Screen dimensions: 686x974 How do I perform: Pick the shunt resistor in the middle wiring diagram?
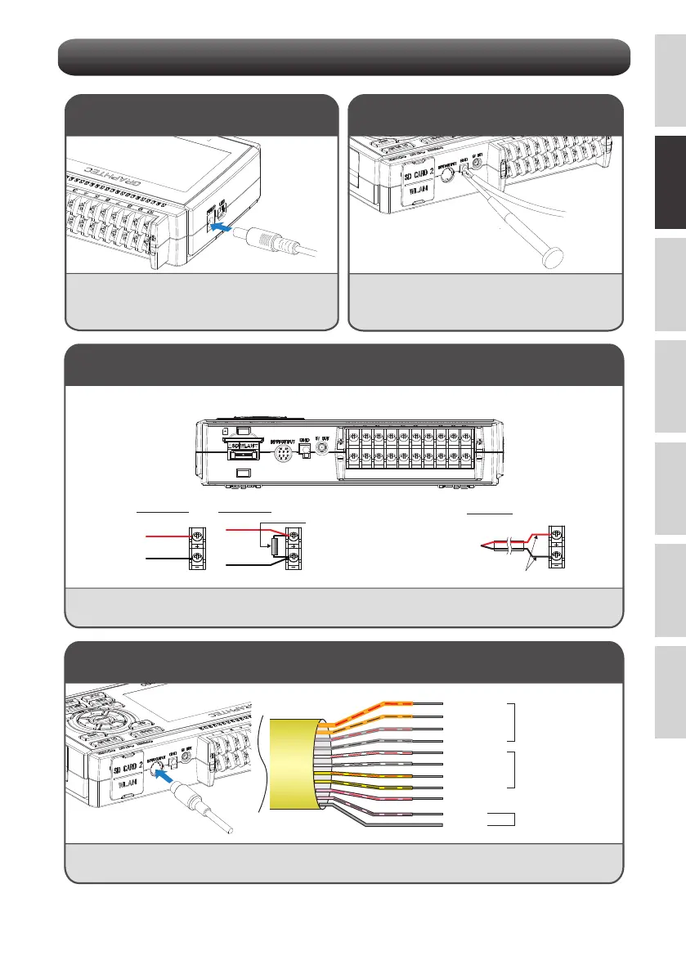(x=276, y=547)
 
